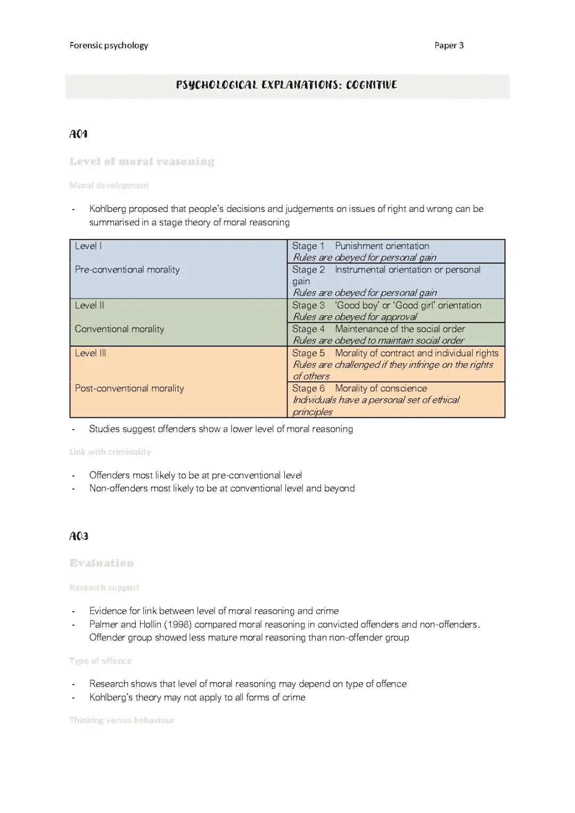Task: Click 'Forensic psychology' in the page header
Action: click(x=109, y=45)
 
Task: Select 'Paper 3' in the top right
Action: click(x=449, y=45)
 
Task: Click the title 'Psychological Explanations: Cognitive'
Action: click(x=286, y=85)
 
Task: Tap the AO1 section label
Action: click(x=78, y=134)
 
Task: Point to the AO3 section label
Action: click(x=79, y=536)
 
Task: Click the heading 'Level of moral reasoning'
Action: click(x=142, y=161)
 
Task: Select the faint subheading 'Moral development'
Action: click(x=109, y=185)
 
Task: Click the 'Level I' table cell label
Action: click(x=88, y=246)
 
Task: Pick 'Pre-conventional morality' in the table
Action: click(x=127, y=269)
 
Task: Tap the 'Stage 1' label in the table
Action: click(x=308, y=246)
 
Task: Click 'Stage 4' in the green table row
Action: click(x=308, y=329)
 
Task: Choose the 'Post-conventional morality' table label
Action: click(x=129, y=388)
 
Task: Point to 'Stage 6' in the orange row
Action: click(x=308, y=388)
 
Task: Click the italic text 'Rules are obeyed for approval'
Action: click(x=355, y=317)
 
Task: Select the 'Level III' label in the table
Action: click(x=91, y=353)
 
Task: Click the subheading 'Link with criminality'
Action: click(x=110, y=451)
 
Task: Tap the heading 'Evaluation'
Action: click(x=101, y=563)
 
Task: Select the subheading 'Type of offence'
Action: click(x=100, y=661)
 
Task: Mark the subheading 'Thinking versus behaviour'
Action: click(x=121, y=720)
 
